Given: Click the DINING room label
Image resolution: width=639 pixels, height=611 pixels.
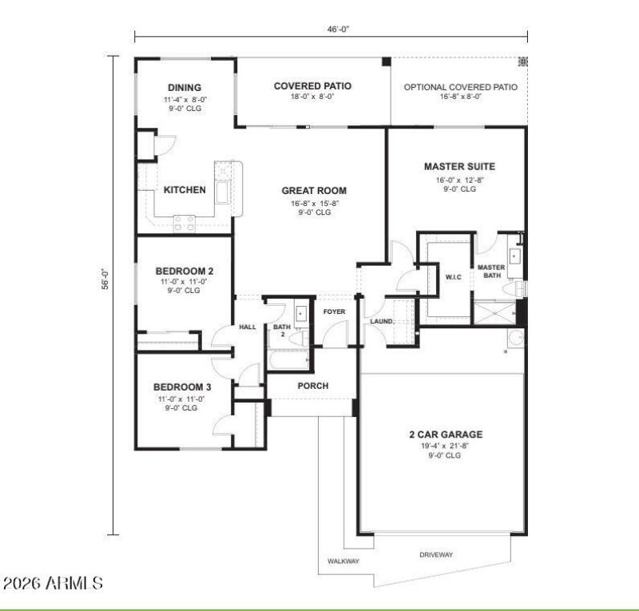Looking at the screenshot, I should pyautogui.click(x=183, y=88).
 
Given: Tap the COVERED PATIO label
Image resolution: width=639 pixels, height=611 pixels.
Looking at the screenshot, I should pyautogui.click(x=312, y=85).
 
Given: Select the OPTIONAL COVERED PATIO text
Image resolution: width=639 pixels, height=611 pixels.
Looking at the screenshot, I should pyautogui.click(x=460, y=87).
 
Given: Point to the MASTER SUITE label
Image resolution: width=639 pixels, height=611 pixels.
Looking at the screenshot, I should pyautogui.click(x=459, y=167).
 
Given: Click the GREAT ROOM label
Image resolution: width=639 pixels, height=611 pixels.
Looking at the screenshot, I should pyautogui.click(x=314, y=191).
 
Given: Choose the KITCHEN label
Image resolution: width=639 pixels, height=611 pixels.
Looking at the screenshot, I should pyautogui.click(x=185, y=190).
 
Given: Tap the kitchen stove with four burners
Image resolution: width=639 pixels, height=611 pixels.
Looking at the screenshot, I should pyautogui.click(x=185, y=223).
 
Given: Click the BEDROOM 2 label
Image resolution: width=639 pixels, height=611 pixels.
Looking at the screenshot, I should pyautogui.click(x=183, y=270).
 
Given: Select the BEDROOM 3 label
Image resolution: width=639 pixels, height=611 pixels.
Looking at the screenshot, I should pyautogui.click(x=183, y=387).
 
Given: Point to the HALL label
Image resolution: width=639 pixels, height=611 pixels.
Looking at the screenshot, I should pyautogui.click(x=248, y=327).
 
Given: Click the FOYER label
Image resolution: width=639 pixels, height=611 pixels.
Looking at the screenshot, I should pyautogui.click(x=333, y=311).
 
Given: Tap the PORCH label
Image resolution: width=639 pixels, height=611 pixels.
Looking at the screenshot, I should pyautogui.click(x=313, y=386).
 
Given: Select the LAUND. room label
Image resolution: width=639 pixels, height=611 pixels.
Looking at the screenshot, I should pyautogui.click(x=381, y=321).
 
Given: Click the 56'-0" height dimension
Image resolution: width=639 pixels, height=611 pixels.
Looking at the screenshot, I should pyautogui.click(x=105, y=280).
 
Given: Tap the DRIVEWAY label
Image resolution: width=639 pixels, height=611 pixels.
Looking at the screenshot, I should pyautogui.click(x=436, y=554).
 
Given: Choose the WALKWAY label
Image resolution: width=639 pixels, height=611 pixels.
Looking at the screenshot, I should pyautogui.click(x=343, y=561).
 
